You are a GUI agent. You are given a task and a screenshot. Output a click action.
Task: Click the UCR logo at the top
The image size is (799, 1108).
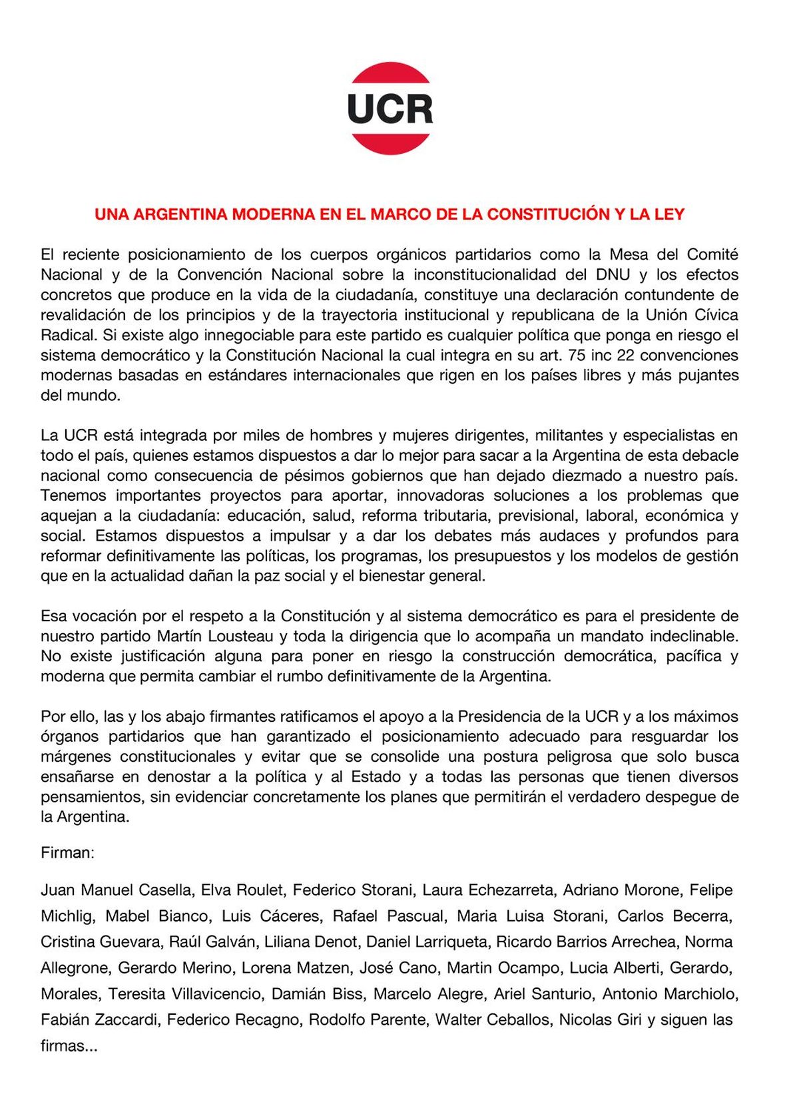click(x=391, y=109)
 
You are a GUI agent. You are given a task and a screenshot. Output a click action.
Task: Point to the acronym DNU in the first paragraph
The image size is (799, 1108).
click(x=613, y=274)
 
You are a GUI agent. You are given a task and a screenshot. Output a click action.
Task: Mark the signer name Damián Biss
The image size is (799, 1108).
click(x=317, y=994)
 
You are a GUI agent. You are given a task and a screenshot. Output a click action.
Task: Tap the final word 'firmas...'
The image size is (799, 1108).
click(x=69, y=1046)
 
